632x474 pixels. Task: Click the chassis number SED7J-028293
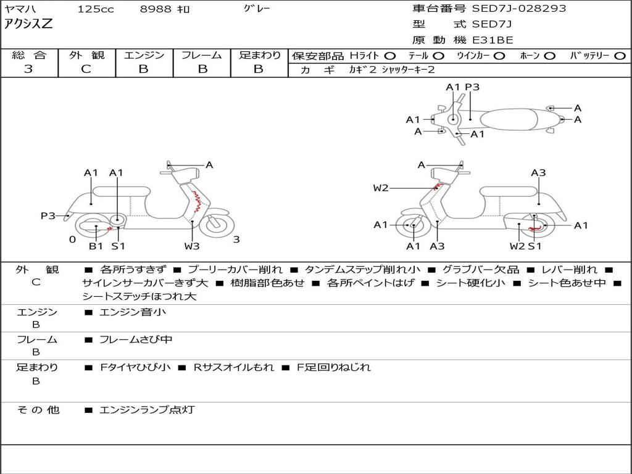pyautogui.click(x=518, y=9)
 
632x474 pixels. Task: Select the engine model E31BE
pyautogui.click(x=493, y=40)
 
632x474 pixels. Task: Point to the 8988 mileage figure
pyautogui.click(x=157, y=9)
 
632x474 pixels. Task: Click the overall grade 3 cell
pyautogui.click(x=28, y=69)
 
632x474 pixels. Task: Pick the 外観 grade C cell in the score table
pyautogui.click(x=86, y=69)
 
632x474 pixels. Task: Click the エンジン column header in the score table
pyautogui.click(x=144, y=56)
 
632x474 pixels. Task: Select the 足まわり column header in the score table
pyautogui.click(x=260, y=56)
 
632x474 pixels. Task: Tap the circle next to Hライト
pyautogui.click(x=389, y=56)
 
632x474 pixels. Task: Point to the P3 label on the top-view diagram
pyautogui.click(x=472, y=87)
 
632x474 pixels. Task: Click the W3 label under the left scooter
pyautogui.click(x=192, y=246)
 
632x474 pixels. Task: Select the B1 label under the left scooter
pyautogui.click(x=96, y=246)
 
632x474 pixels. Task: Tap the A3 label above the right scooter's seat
pyautogui.click(x=538, y=173)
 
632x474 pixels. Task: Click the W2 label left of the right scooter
pyautogui.click(x=381, y=188)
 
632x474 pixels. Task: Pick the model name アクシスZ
pyautogui.click(x=29, y=24)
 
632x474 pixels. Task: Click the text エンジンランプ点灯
pyautogui.click(x=147, y=409)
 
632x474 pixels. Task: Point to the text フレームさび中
pyautogui.click(x=136, y=339)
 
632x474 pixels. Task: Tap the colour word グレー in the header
pyautogui.click(x=257, y=9)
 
